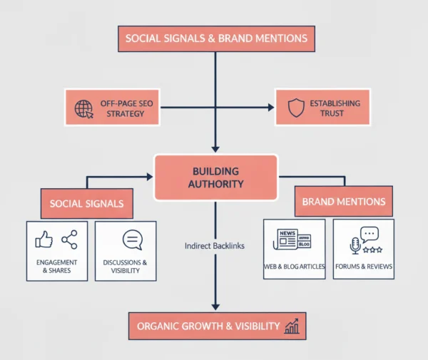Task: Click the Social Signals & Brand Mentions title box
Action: (216, 38)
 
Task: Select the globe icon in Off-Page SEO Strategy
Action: (84, 108)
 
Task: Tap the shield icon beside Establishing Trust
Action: (295, 108)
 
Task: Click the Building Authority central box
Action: (215, 178)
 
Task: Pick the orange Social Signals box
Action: (86, 203)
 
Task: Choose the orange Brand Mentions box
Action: (344, 202)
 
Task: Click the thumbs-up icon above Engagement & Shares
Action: (44, 240)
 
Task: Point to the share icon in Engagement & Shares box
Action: (69, 240)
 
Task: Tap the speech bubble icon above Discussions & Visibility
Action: (133, 240)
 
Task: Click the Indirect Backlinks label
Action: (215, 245)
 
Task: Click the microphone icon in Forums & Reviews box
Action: (355, 246)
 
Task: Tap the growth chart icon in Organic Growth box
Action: (292, 326)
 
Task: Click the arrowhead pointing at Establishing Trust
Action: (270, 108)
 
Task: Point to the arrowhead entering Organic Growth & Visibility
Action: (215, 306)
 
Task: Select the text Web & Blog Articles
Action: (294, 267)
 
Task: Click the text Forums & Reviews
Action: (363, 267)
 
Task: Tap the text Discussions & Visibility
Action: (125, 267)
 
